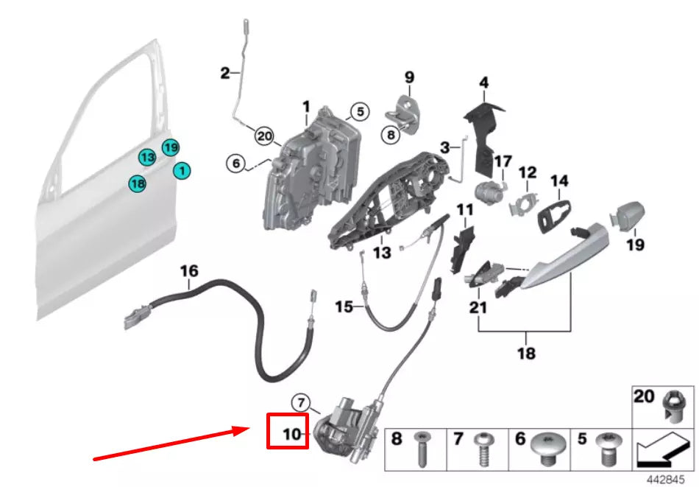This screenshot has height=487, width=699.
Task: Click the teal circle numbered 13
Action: coord(147,157)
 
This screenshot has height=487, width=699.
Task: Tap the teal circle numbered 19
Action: coord(171,148)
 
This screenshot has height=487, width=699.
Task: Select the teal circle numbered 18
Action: coord(137,183)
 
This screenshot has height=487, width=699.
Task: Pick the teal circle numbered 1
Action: coord(182,171)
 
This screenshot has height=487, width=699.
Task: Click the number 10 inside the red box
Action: coord(292,434)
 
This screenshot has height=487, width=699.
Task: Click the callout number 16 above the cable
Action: coord(189,271)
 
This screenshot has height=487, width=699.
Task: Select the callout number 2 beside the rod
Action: coord(224,73)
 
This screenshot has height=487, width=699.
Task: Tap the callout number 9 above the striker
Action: coord(409,77)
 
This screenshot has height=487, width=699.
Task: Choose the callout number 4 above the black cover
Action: coord(483,83)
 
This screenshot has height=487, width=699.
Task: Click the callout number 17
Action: coord(503,161)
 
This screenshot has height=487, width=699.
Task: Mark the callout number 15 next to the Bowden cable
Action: coord(344,306)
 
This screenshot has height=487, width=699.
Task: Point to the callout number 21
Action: coord(478,307)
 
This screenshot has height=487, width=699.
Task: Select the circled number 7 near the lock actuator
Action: coord(300,402)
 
